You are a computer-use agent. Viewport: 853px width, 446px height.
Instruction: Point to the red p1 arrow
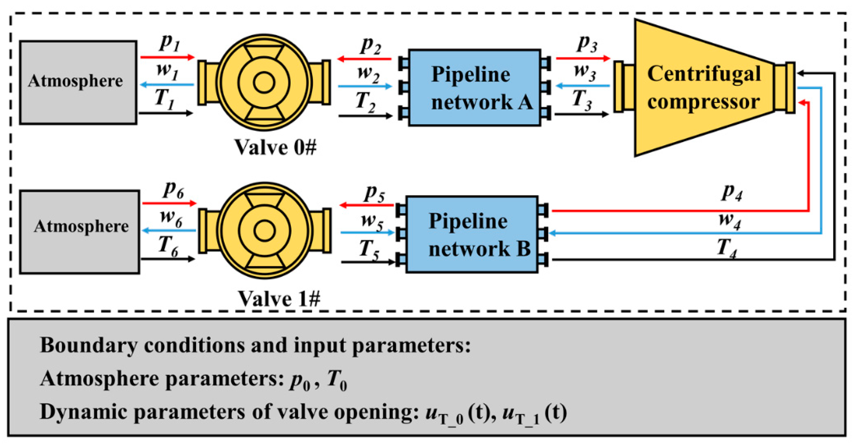167,57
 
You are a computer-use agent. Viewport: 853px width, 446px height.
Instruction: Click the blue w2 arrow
364,86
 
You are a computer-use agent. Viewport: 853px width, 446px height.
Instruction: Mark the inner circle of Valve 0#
264,82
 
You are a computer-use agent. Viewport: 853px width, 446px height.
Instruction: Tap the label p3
587,44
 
